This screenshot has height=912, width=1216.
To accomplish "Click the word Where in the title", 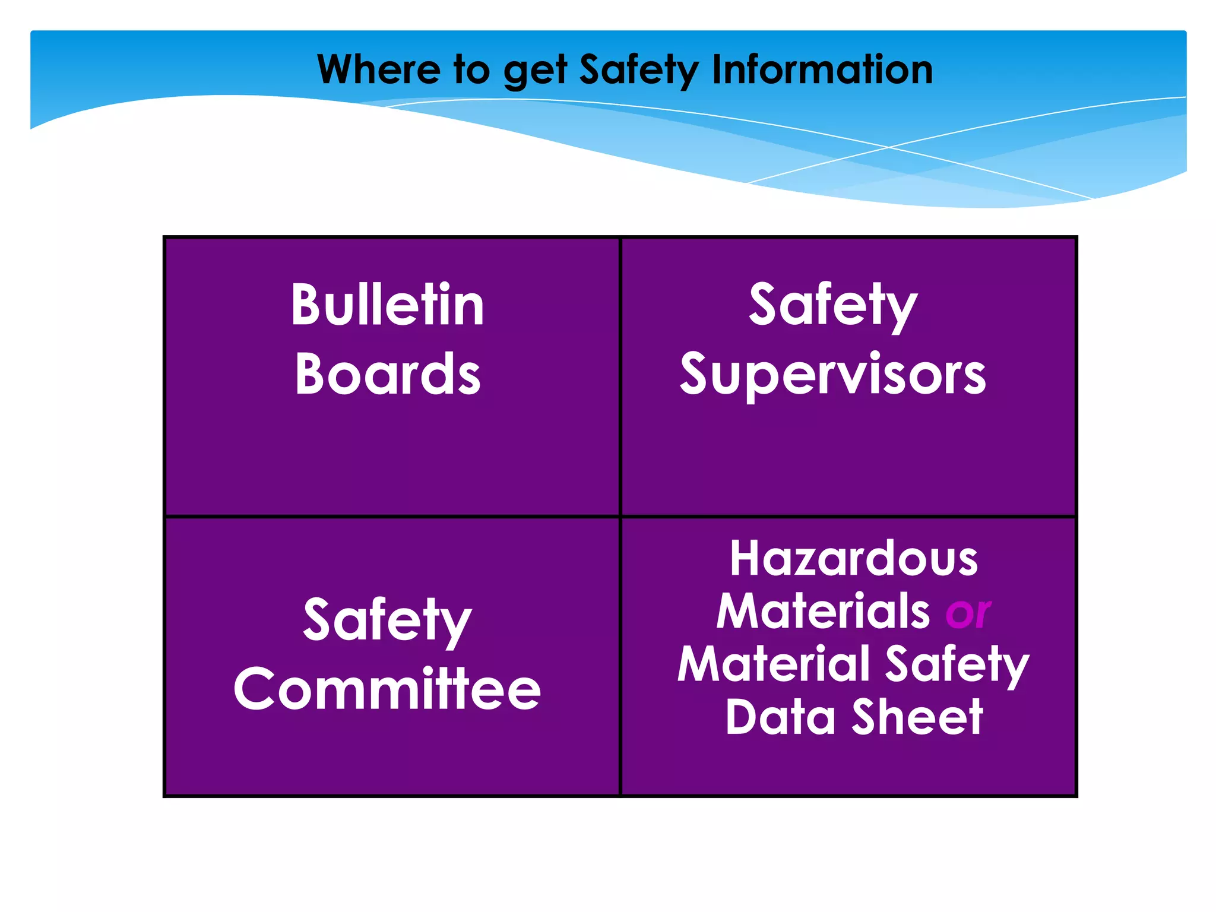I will (x=378, y=69).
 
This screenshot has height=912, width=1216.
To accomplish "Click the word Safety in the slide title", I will (x=639, y=71).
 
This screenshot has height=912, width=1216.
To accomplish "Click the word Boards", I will (x=387, y=373).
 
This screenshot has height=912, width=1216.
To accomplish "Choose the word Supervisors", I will (x=832, y=375).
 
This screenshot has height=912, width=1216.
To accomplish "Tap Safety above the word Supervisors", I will (x=832, y=305).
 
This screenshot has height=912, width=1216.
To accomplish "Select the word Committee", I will (x=387, y=689).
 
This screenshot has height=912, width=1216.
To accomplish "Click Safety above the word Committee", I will (x=387, y=620).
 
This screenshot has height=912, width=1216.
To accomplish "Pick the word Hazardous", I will (x=853, y=559).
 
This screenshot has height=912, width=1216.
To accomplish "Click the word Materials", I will (x=822, y=611).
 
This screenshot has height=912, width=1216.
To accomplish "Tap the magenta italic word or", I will (x=968, y=612).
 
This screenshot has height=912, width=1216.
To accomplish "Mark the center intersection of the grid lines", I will (x=620, y=517).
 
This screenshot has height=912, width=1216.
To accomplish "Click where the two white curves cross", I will (x=889, y=147).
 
